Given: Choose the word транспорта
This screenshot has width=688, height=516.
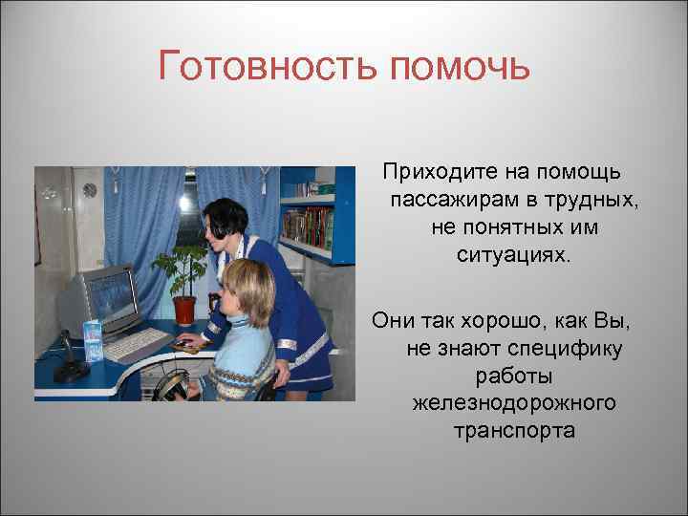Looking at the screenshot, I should point(514,431).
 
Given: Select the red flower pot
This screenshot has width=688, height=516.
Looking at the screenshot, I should point(184,310).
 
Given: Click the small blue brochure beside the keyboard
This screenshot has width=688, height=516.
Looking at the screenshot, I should point(93,341).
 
